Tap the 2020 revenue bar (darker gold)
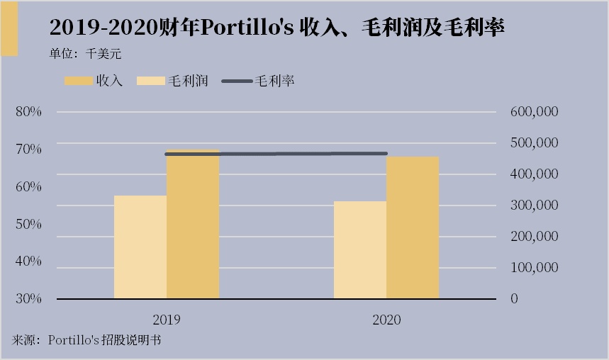(413, 228)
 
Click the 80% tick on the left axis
(28, 112)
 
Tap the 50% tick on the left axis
(28, 224)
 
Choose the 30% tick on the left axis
(28, 298)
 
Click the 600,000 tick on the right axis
(535, 112)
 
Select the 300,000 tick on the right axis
(535, 206)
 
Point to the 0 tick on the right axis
(515, 299)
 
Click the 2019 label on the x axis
(167, 320)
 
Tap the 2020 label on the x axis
(386, 320)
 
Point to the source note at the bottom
(86, 340)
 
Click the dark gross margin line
(276, 154)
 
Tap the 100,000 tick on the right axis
(535, 268)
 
